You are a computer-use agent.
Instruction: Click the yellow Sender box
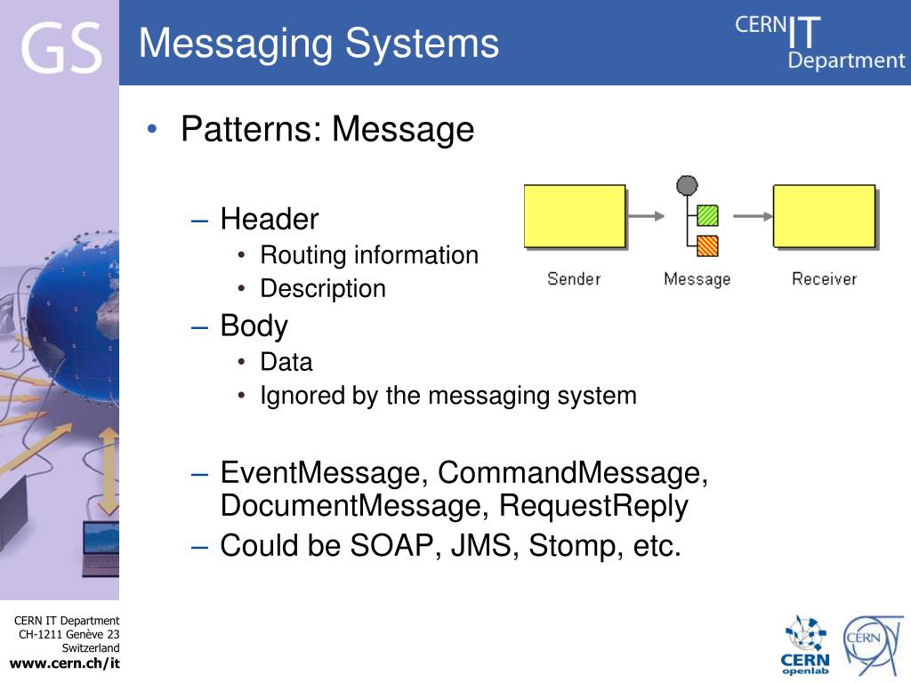click(575, 216)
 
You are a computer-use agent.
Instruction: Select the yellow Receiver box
click(824, 216)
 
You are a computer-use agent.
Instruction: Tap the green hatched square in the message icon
click(707, 215)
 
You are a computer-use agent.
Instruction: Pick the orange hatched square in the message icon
click(707, 245)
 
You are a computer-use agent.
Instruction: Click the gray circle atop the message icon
click(687, 185)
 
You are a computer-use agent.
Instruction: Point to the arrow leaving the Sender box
click(646, 215)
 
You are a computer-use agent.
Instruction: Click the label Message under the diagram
click(697, 279)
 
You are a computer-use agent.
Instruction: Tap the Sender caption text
click(574, 279)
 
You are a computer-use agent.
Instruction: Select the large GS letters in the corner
click(60, 49)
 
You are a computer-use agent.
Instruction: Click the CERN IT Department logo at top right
click(818, 43)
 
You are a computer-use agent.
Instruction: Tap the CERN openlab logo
click(805, 646)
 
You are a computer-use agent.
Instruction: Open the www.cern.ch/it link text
click(64, 663)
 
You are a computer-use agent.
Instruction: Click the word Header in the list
click(270, 219)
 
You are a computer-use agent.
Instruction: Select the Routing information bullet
click(369, 255)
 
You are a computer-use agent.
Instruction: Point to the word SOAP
click(389, 545)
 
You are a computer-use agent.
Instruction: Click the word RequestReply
click(593, 506)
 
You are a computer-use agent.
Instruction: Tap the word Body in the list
click(254, 326)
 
